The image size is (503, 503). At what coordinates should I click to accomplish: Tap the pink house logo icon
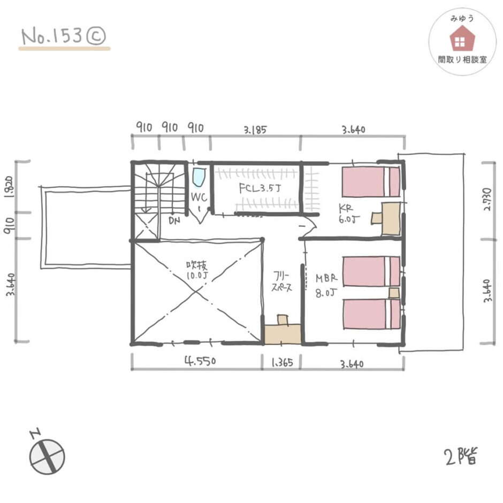pyautogui.click(x=462, y=39)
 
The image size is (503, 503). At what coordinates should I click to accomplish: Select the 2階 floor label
pyautogui.click(x=461, y=455)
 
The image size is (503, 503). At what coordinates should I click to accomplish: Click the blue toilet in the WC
pyautogui.click(x=199, y=178)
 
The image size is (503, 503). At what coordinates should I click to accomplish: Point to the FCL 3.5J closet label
pyautogui.click(x=260, y=188)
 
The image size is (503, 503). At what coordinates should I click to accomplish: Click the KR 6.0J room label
pyautogui.click(x=349, y=214)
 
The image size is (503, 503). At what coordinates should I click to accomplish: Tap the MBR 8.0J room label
pyautogui.click(x=326, y=285)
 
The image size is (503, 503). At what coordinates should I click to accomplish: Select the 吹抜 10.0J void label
pyautogui.click(x=197, y=270)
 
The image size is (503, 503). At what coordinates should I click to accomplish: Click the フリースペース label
pyautogui.click(x=281, y=281)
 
